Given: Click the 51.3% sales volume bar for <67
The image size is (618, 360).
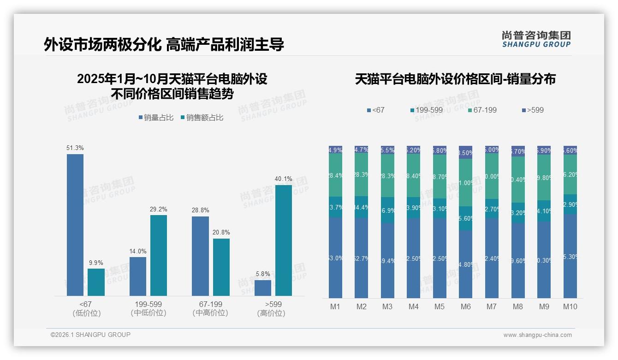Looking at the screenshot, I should pyautogui.click(x=75, y=225).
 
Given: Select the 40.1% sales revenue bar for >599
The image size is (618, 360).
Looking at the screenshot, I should pyautogui.click(x=284, y=240).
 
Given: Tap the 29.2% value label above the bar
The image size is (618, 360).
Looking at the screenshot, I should pyautogui.click(x=158, y=210).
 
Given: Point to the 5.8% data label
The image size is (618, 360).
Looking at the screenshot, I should pyautogui.click(x=263, y=274).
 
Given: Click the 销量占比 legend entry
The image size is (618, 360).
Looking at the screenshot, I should pyautogui.click(x=156, y=118).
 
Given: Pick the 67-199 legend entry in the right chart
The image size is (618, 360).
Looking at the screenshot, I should pyautogui.click(x=482, y=110).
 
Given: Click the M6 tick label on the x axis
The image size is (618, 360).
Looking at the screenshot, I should pyautogui.click(x=465, y=306).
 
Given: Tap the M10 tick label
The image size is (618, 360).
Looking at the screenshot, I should pyautogui.click(x=570, y=306).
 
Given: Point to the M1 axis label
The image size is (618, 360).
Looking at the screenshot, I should pyautogui.click(x=335, y=306).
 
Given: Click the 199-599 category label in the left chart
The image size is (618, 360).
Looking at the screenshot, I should pyautogui.click(x=148, y=305).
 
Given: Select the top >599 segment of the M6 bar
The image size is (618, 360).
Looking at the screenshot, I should pyautogui.click(x=466, y=152).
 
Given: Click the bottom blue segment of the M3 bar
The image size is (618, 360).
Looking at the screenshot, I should pyautogui.click(x=387, y=261).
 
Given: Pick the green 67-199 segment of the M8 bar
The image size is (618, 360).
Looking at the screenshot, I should pyautogui.click(x=518, y=179).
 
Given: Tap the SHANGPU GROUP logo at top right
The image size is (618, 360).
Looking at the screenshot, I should pyautogui.click(x=536, y=39).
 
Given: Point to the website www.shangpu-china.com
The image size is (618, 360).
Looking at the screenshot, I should pyautogui.click(x=537, y=335).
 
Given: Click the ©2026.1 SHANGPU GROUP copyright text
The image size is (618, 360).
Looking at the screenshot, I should pyautogui.click(x=90, y=335).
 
